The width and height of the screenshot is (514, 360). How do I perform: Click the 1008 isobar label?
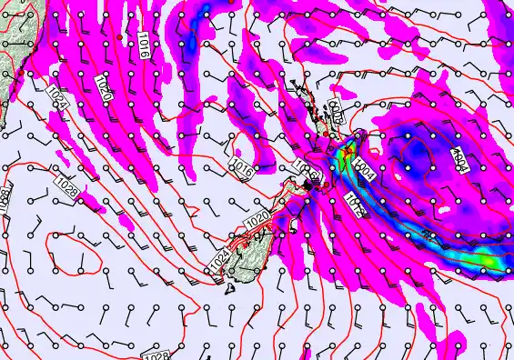(x=334, y=113)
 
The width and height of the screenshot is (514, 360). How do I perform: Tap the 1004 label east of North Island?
(x=366, y=169)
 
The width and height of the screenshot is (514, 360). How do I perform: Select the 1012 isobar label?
(x=356, y=204)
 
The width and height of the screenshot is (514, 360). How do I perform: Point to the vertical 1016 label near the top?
(x=144, y=43)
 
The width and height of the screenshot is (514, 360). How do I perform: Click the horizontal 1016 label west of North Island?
(x=242, y=167)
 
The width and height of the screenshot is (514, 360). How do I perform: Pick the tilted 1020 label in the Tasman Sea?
(x=103, y=89)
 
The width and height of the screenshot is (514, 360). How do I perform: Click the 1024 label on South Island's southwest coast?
(x=218, y=260)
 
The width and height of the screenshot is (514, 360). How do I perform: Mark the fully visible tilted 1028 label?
(x=66, y=184)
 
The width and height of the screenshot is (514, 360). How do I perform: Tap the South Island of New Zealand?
(x=259, y=236)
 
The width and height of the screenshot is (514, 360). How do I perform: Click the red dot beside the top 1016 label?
(x=120, y=35)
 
